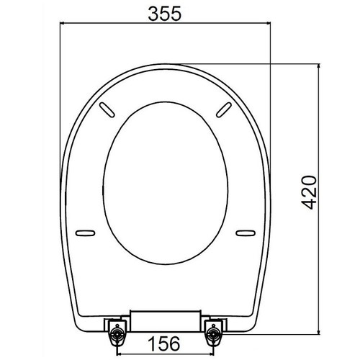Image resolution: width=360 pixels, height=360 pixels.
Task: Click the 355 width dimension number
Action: pyautogui.click(x=163, y=14)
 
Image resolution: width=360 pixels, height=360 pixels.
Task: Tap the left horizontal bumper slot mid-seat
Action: pyautogui.click(x=86, y=232)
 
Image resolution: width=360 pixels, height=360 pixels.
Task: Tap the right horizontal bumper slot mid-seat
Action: pyautogui.click(x=245, y=232)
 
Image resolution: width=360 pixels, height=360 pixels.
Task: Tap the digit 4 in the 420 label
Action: pyautogui.click(x=308, y=204)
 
